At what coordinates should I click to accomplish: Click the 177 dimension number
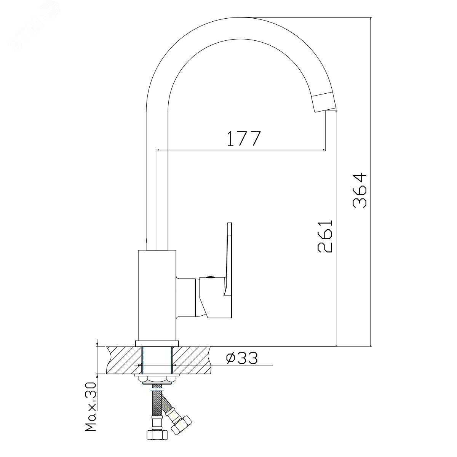coord(244,138)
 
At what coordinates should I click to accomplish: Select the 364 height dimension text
coord(360,190)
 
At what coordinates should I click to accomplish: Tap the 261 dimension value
coord(325,236)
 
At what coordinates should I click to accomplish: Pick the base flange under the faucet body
coord(157,344)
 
